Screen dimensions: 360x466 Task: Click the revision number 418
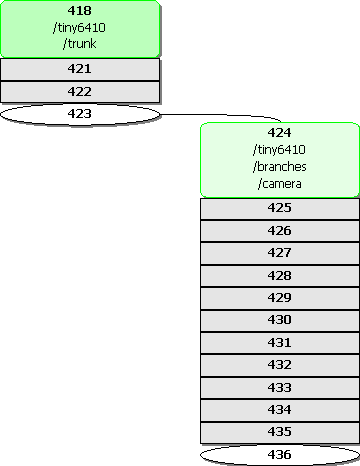tap(79, 11)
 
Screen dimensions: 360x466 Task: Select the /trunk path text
tap(79, 44)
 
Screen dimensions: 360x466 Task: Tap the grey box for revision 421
tap(80, 69)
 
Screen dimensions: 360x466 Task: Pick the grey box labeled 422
tap(80, 92)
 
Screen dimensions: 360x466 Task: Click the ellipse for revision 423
tap(80, 114)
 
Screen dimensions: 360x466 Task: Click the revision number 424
tap(279, 133)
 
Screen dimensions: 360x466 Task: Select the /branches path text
tap(279, 166)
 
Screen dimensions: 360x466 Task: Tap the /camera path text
tap(279, 183)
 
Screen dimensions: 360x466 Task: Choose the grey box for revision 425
tap(280, 209)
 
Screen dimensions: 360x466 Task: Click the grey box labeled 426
tap(280, 231)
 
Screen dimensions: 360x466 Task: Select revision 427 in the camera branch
tap(280, 254)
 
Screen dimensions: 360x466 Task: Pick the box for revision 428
tap(280, 276)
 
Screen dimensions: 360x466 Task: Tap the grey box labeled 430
tap(280, 321)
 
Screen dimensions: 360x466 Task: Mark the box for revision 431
tap(280, 343)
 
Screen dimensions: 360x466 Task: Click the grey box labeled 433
tap(280, 388)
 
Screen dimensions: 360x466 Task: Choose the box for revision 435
tap(280, 433)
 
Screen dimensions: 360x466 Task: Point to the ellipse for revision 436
tap(280, 455)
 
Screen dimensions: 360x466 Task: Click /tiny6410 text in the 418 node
tap(79, 27)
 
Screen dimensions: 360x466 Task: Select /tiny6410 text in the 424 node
tap(279, 149)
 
